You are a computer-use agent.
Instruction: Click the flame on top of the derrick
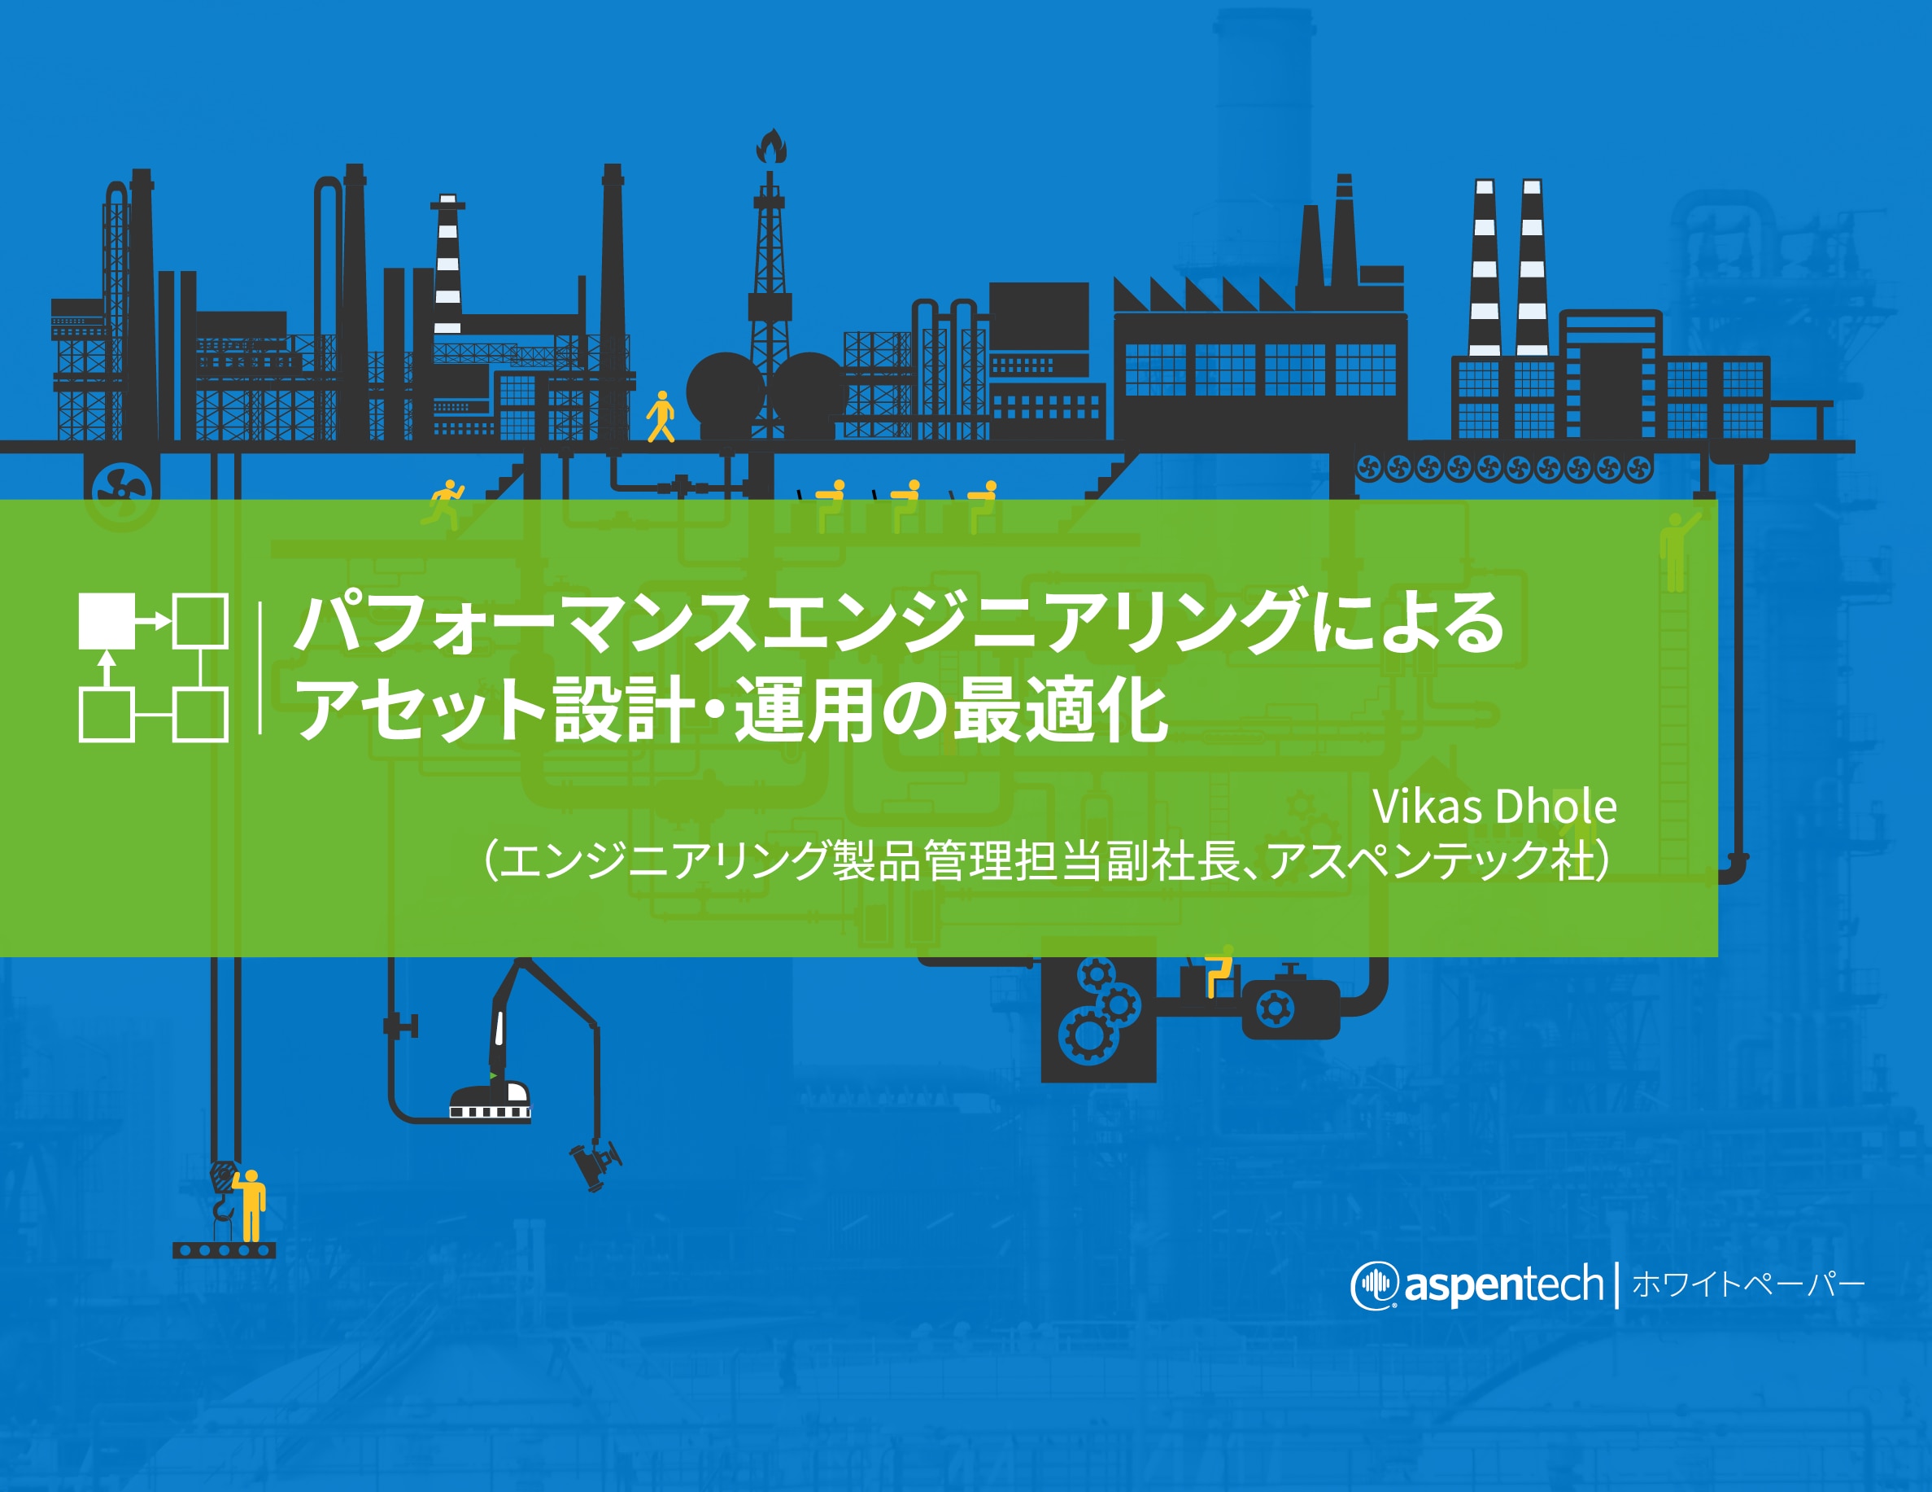[x=771, y=146]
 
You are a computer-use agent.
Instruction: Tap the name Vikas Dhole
[x=1494, y=806]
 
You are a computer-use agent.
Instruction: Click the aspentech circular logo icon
[x=1374, y=1285]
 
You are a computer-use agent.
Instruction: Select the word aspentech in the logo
[x=1503, y=1286]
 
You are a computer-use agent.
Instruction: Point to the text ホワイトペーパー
[x=1748, y=1284]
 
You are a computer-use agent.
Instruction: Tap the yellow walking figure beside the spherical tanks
[x=661, y=416]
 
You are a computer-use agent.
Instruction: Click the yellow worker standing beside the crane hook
[x=251, y=1205]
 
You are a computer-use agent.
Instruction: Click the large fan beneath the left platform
[x=123, y=489]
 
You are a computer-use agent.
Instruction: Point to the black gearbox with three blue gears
[x=1098, y=1018]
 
